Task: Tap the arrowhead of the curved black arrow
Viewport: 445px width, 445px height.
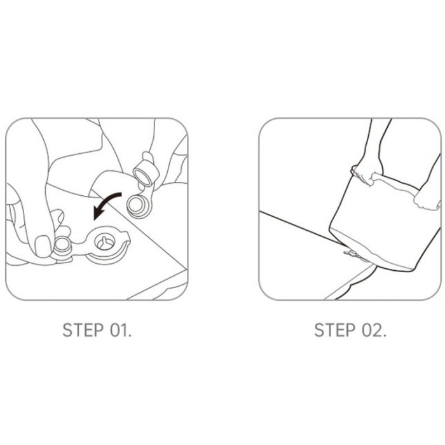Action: (98, 213)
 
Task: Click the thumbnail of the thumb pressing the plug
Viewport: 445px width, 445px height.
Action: (43, 247)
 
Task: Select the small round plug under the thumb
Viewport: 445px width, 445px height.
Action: (62, 247)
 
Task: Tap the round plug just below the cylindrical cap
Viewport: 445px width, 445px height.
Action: (138, 206)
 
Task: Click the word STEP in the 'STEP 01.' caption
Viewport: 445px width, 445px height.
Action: (83, 330)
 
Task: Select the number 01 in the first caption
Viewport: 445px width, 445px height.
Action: (119, 330)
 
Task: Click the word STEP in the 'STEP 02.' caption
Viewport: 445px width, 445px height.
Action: (335, 330)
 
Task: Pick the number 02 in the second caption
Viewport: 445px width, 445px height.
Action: (372, 330)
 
